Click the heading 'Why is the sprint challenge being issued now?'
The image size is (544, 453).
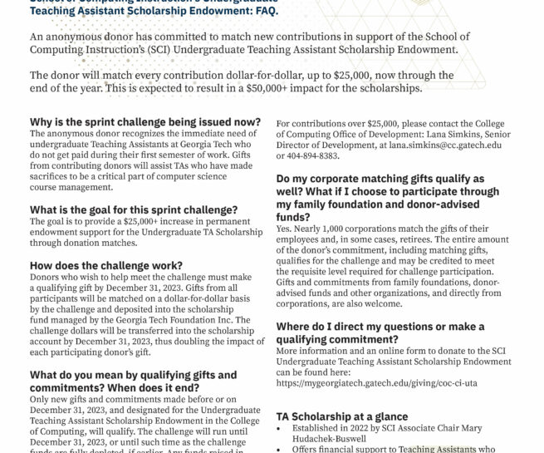[x=145, y=121]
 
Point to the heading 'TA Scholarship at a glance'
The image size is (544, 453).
[x=341, y=416]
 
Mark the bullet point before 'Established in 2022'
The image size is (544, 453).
[x=281, y=429]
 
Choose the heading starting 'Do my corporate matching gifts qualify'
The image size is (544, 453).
[x=383, y=191]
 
